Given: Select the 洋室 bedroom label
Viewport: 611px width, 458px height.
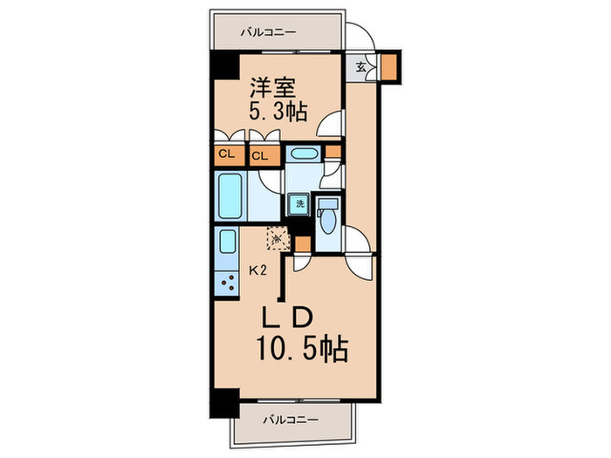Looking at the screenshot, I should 275,87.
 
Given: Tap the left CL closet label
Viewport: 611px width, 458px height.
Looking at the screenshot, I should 226,155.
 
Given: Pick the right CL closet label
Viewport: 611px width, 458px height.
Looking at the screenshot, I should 259,156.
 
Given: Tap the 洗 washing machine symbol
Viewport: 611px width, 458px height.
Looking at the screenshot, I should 299,203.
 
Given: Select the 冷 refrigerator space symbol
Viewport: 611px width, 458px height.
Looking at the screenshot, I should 278,237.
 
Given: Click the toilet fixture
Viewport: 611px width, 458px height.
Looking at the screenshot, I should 327,217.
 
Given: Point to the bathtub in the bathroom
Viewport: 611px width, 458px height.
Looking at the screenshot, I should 230,195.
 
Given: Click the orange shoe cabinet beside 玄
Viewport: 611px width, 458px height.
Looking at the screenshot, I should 388,66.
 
